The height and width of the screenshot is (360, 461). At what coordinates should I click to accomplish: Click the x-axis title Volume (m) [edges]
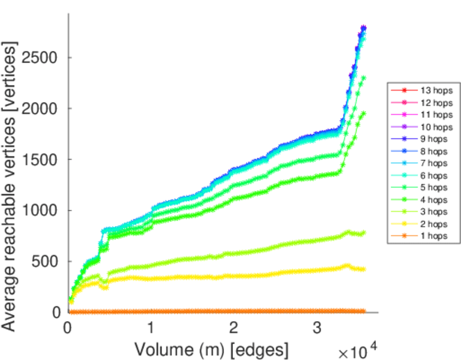[x=211, y=349]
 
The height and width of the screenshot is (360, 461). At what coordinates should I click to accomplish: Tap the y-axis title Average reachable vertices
[x=11, y=186]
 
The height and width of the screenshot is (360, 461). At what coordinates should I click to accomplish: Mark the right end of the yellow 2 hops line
[x=364, y=269]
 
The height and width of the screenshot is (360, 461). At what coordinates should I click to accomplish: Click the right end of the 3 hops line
[x=364, y=233]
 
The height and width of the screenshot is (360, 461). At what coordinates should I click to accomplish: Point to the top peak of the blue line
[x=364, y=27]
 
